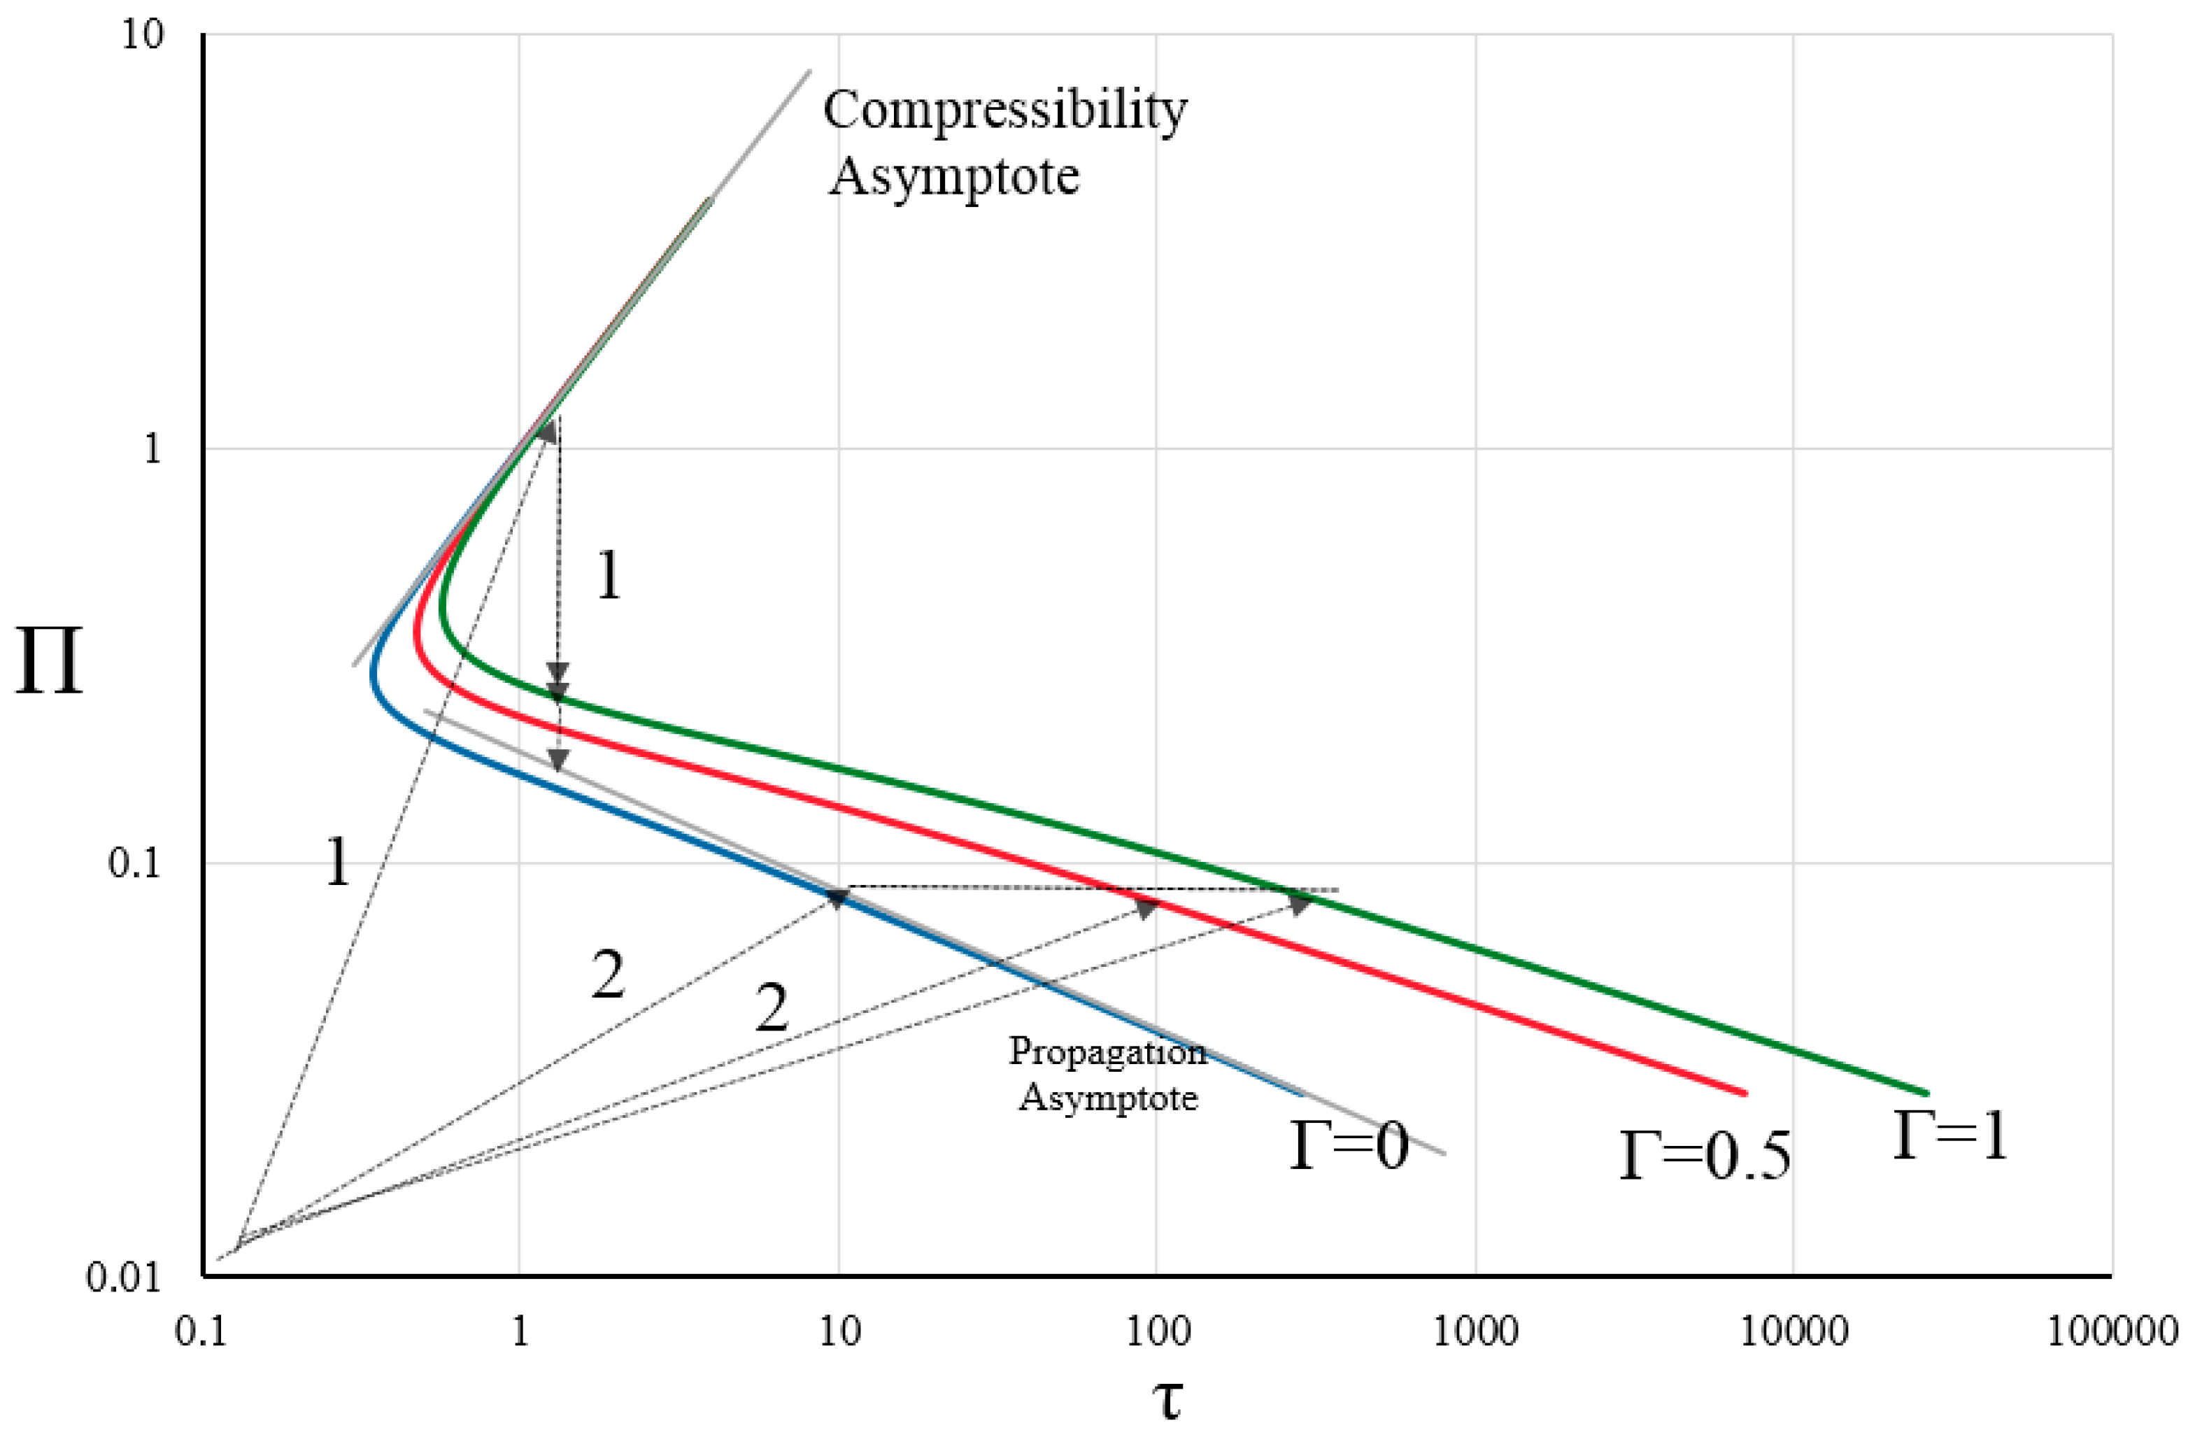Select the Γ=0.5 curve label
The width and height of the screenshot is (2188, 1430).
pyautogui.click(x=1705, y=1156)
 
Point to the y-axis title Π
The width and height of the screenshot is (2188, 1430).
pyautogui.click(x=50, y=662)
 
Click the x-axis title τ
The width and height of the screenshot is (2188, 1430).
pyautogui.click(x=1167, y=1400)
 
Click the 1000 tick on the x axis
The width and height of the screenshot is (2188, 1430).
pyautogui.click(x=1475, y=1331)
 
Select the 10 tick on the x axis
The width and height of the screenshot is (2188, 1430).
pyautogui.click(x=839, y=1331)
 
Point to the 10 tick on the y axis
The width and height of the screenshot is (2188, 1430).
pyautogui.click(x=143, y=35)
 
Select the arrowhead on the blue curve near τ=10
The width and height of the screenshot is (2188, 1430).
pyautogui.click(x=837, y=898)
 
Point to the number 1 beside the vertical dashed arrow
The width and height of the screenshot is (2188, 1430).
pyautogui.click(x=609, y=576)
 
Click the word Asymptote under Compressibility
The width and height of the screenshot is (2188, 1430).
pyautogui.click(x=954, y=176)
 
